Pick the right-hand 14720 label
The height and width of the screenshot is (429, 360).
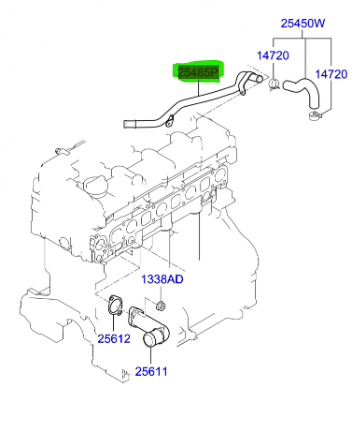click(x=332, y=74)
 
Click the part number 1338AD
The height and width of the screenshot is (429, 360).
click(x=161, y=279)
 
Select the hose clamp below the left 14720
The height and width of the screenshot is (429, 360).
click(x=271, y=84)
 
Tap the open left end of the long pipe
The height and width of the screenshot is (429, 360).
click(x=128, y=125)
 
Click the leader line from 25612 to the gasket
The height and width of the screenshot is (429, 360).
click(x=113, y=324)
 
